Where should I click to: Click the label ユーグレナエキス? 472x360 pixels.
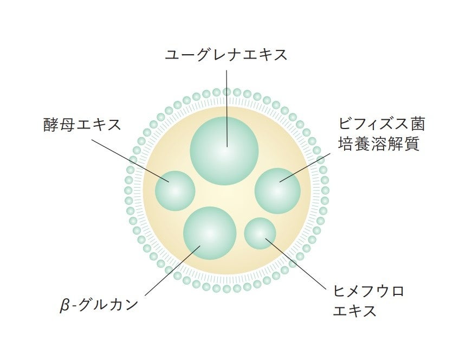pos(226,55)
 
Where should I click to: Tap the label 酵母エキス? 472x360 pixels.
pos(82,124)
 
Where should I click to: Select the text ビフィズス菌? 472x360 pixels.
pos(381,124)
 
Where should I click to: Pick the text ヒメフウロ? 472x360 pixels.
pos(368,291)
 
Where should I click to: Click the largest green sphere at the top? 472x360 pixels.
pos(224,151)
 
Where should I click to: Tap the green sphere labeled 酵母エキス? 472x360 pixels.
pos(174,191)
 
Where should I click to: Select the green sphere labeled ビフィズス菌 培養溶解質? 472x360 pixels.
pos(277,190)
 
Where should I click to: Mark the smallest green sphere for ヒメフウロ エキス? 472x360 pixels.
pos(260,233)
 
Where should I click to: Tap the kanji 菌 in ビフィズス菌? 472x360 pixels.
pos(417,124)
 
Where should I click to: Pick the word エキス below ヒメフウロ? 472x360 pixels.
pos(354,311)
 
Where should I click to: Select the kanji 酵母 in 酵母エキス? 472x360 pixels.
pos(61,124)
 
